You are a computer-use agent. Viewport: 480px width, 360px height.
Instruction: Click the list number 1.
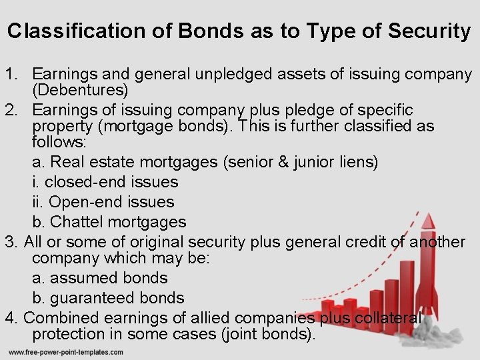[x=9, y=73]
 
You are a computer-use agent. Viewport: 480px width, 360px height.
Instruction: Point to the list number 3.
[x=9, y=241]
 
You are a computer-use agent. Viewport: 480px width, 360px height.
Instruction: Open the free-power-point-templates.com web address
[x=65, y=352]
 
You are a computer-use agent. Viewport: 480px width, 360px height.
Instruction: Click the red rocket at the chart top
[x=427, y=231]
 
